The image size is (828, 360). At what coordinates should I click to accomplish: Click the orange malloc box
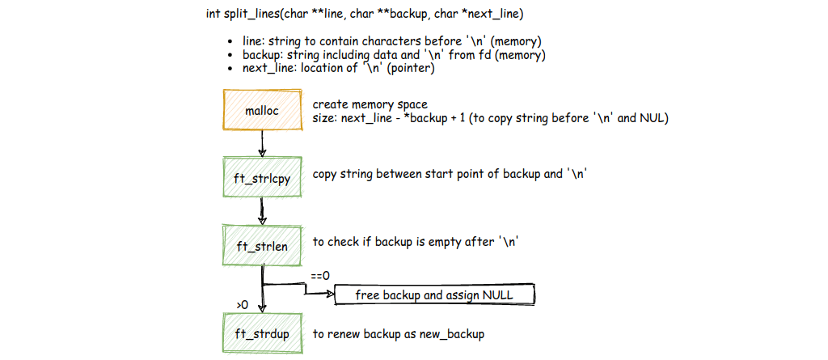[x=262, y=111]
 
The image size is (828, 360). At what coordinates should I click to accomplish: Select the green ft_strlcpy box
[x=262, y=176]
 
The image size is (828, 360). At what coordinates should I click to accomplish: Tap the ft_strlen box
[x=262, y=245]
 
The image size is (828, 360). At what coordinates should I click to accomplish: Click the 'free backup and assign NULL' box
[x=434, y=295]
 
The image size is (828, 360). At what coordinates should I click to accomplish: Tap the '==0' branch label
[x=319, y=277]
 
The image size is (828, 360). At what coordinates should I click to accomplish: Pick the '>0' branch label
[x=242, y=304]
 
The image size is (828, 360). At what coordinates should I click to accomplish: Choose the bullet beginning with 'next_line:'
[x=339, y=69]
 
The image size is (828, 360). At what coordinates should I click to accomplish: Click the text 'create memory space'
[x=370, y=104]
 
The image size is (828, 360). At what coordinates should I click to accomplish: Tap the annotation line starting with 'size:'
[x=490, y=118]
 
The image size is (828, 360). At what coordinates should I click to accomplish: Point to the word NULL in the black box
[x=497, y=295]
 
